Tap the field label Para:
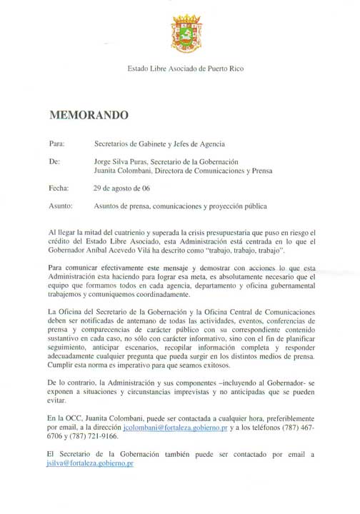point(57,143)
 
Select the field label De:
point(54,162)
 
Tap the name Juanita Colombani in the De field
point(123,171)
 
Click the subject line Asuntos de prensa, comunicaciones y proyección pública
point(179,207)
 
